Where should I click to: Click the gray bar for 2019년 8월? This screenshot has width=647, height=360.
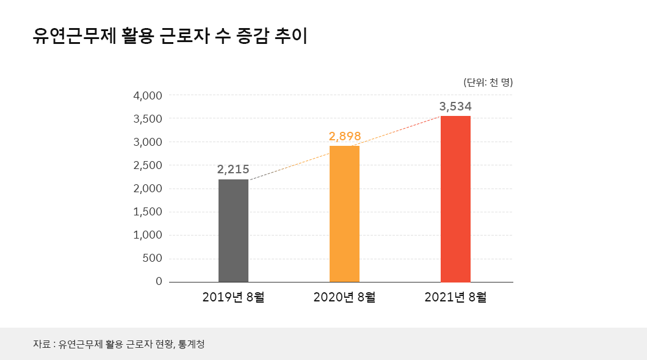click(233, 230)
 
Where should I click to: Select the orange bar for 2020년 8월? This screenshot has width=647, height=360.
click(344, 214)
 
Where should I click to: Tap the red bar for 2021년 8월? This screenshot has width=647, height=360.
click(455, 198)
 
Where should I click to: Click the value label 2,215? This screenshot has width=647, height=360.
click(233, 170)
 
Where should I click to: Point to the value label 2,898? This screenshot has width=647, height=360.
click(344, 136)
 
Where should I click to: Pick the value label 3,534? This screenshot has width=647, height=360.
click(455, 106)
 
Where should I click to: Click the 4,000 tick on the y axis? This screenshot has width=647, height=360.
click(147, 96)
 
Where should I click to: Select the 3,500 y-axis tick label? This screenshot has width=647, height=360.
click(147, 119)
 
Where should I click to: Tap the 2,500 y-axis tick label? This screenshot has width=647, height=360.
click(147, 165)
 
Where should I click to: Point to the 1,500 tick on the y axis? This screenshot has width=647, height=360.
click(147, 212)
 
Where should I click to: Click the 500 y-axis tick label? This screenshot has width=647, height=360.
click(153, 258)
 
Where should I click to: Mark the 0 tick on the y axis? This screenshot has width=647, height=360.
click(159, 281)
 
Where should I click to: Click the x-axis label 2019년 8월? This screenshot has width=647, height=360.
click(233, 298)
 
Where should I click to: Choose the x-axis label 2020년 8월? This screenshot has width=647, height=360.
click(344, 298)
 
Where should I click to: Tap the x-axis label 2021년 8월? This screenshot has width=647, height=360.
click(455, 298)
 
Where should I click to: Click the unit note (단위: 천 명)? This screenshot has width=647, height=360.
click(488, 82)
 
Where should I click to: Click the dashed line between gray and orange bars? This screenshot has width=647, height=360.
click(289, 163)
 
